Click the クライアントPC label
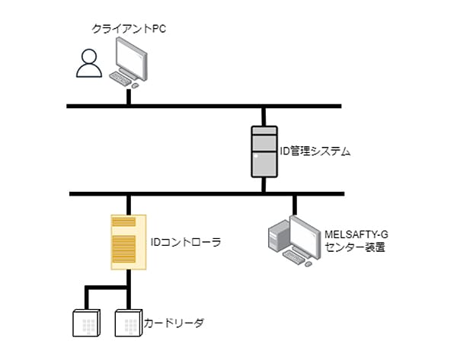[x=129, y=29]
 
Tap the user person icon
[x=89, y=63]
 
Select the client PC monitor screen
[x=131, y=59]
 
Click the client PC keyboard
[x=120, y=78]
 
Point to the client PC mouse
[x=135, y=85]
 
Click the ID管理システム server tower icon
[x=264, y=151]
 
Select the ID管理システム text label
[x=315, y=151]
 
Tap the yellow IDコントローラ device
[x=129, y=242]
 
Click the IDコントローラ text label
[x=186, y=242]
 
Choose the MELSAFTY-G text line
[x=356, y=234]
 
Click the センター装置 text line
[x=355, y=247]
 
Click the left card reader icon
[x=86, y=323]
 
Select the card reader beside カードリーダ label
[x=129, y=323]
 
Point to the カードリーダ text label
[x=174, y=323]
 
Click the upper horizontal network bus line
[x=204, y=107]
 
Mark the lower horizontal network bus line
[x=206, y=193]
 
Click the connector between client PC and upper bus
[x=129, y=97]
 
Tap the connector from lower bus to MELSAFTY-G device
[x=295, y=205]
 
